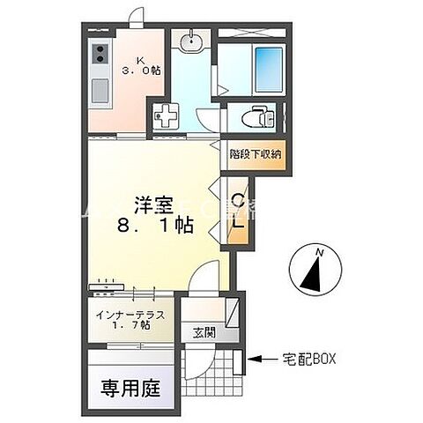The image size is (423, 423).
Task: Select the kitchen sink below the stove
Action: coord(99,88)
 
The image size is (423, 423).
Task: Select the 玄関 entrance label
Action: coord(204,333)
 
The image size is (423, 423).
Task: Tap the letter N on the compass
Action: coord(320,252)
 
